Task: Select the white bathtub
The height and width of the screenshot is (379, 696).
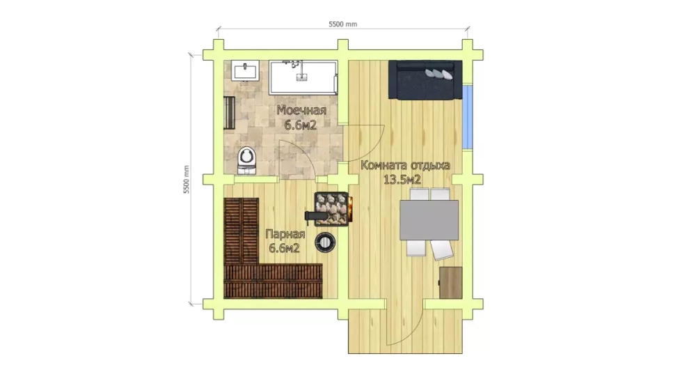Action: [303, 77]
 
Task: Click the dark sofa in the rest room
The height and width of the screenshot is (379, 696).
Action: [425, 79]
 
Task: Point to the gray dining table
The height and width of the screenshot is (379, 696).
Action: [429, 220]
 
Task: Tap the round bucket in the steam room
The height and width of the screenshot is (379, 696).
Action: [325, 242]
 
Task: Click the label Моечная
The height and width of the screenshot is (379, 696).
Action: [301, 110]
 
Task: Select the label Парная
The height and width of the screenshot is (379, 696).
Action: [284, 234]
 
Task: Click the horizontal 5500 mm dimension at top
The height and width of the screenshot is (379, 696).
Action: [342, 24]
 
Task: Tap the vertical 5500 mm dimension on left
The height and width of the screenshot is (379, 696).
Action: [187, 179]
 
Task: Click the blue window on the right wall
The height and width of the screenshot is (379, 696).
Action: [468, 116]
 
